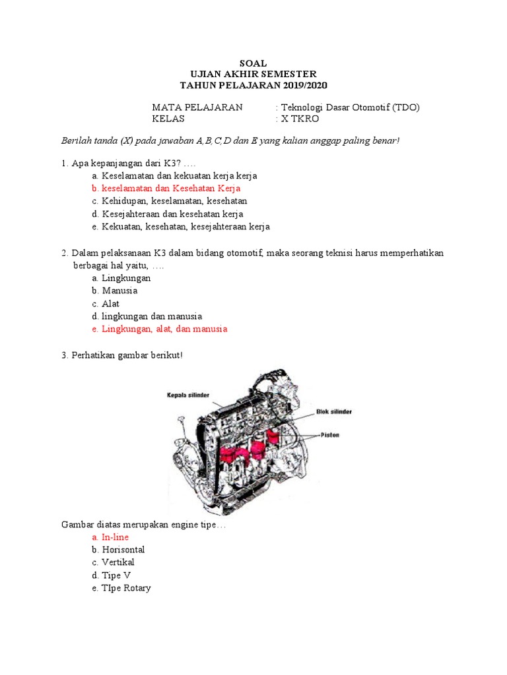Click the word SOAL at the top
253,63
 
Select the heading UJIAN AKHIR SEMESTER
253,74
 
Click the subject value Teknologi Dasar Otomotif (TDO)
351,107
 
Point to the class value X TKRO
300,119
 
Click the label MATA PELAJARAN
197,107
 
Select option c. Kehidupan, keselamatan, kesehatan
174,201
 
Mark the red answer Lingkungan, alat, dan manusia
164,328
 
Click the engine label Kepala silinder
188,395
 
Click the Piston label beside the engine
330,435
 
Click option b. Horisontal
123,550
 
